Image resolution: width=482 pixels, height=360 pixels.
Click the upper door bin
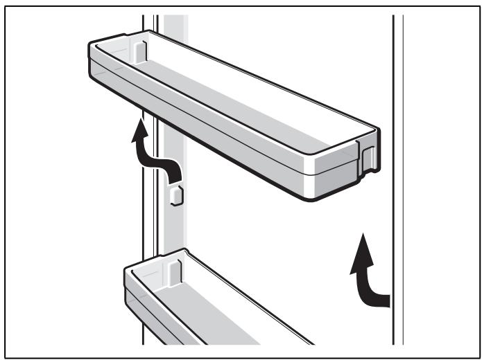tap(229, 118)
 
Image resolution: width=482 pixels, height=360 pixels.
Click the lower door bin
tap(208, 305)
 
